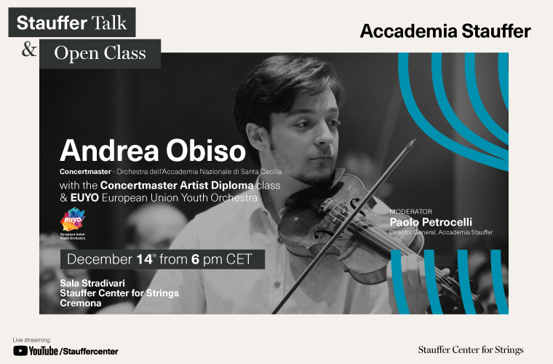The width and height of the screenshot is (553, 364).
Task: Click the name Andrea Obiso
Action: click(x=153, y=151)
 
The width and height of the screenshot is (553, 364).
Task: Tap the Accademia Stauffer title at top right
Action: click(x=445, y=31)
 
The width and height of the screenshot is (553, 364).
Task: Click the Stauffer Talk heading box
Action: click(x=72, y=23)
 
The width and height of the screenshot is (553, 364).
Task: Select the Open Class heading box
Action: click(x=100, y=54)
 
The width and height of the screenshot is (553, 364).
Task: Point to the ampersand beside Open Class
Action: click(x=29, y=49)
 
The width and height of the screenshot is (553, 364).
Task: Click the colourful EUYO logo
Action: click(x=73, y=219)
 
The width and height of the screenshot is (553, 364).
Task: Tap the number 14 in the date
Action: click(x=145, y=259)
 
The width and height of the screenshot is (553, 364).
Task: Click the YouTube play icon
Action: click(x=20, y=351)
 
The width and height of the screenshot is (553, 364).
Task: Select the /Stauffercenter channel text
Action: click(x=89, y=352)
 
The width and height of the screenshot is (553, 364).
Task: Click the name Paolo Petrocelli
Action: click(x=431, y=222)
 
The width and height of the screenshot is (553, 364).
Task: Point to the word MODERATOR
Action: click(x=410, y=212)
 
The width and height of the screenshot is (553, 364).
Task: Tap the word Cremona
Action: click(x=81, y=303)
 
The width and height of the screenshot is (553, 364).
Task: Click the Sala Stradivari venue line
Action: click(x=92, y=283)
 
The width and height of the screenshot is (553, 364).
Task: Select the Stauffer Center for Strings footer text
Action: click(x=471, y=350)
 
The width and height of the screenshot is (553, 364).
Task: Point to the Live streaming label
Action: click(x=31, y=340)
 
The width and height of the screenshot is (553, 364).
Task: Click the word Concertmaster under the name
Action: click(x=85, y=172)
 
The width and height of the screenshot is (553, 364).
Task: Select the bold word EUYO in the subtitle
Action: click(x=84, y=198)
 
